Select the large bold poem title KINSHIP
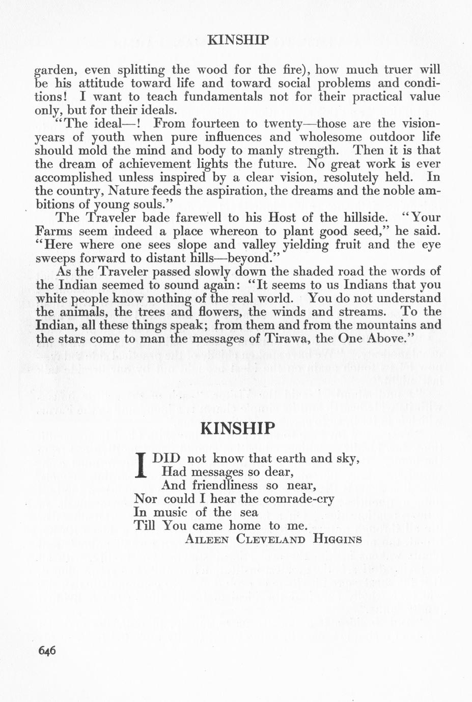[238, 428]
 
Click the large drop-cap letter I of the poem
[142, 465]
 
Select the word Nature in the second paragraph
[129, 192]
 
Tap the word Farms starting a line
[52, 231]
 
